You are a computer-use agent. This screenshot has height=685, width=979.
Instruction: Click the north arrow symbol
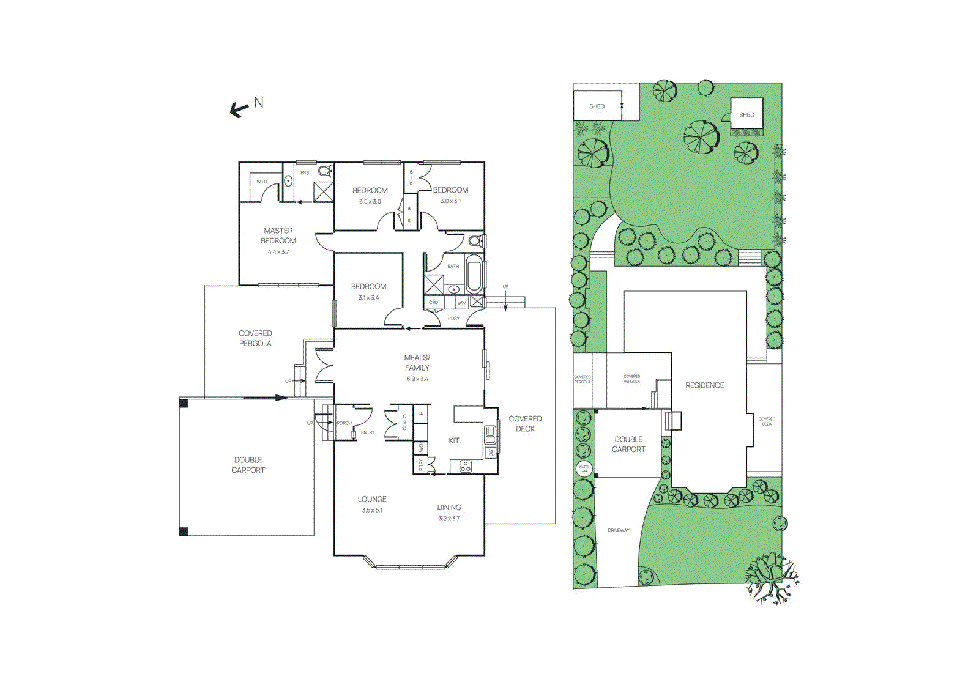(x=239, y=109)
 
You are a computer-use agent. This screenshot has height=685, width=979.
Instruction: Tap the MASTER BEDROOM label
(x=278, y=235)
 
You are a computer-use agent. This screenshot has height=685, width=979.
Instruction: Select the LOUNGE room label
(x=372, y=499)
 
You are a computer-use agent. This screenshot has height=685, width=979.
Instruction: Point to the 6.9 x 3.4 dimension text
(x=417, y=379)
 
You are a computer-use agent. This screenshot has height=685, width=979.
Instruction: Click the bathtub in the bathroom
(x=474, y=274)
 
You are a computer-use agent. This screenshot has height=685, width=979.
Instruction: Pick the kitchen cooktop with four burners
(x=466, y=467)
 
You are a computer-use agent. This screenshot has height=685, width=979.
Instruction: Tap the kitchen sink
(x=490, y=435)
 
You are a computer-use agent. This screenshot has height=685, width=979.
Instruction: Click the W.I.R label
(x=262, y=182)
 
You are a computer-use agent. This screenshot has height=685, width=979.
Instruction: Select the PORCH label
(x=344, y=423)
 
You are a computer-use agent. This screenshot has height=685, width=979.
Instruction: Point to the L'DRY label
(x=453, y=319)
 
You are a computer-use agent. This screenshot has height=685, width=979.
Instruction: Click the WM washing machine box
(x=462, y=303)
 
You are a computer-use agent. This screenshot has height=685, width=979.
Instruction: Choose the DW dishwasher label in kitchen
(x=491, y=453)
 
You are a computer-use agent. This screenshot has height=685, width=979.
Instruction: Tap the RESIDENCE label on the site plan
(x=704, y=385)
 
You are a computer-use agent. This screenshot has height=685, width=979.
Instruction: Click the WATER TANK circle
(x=584, y=469)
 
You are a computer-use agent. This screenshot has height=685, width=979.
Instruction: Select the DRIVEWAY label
(x=618, y=530)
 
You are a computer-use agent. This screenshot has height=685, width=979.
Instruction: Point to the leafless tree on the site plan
(x=772, y=577)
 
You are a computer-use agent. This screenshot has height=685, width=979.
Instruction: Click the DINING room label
(x=449, y=508)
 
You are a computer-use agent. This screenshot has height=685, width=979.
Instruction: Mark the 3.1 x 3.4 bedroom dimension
(x=368, y=298)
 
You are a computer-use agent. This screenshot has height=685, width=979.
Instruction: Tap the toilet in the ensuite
(x=325, y=171)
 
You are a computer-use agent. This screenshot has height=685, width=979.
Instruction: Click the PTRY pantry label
(x=421, y=465)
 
